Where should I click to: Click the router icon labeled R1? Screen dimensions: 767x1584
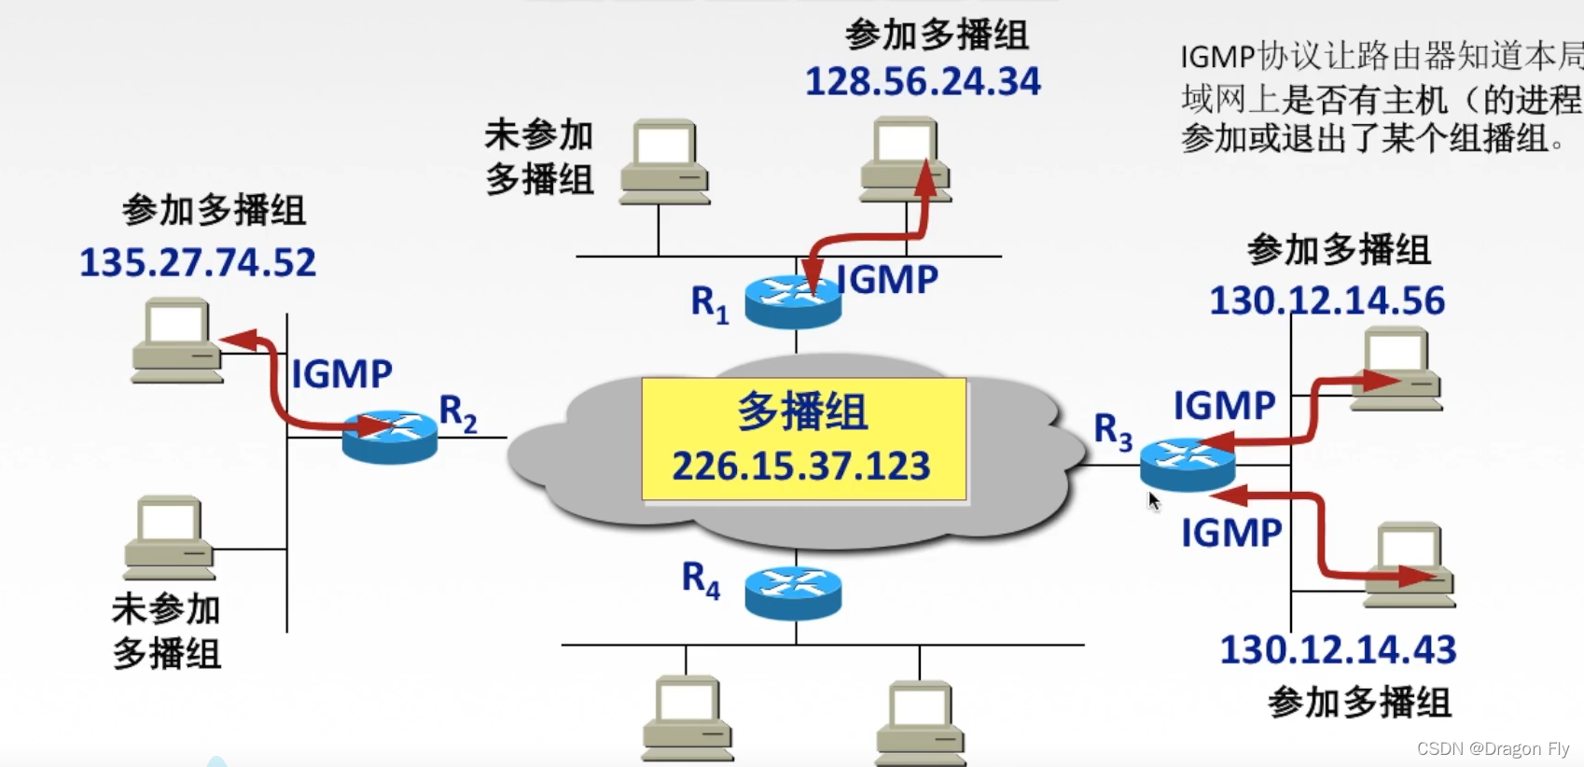(793, 300)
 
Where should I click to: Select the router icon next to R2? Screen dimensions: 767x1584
(389, 437)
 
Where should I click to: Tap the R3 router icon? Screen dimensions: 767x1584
(1187, 464)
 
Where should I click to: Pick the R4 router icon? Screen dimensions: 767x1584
(793, 593)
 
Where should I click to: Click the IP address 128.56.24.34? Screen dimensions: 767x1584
(922, 82)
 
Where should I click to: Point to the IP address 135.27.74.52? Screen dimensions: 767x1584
(197, 263)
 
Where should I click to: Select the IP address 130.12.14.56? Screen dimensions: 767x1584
(1327, 301)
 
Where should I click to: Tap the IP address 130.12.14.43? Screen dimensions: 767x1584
(1338, 650)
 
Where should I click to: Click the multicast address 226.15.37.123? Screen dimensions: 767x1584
(801, 466)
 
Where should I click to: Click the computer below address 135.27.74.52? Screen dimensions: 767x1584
(177, 341)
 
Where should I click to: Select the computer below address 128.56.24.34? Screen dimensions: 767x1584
(905, 159)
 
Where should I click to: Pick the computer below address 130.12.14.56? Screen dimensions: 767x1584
(1396, 369)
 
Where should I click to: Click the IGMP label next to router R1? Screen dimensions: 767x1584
(887, 280)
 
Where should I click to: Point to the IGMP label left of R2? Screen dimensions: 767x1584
(341, 374)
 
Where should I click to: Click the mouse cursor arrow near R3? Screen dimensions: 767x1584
(1154, 501)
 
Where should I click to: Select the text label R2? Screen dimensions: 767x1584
(457, 412)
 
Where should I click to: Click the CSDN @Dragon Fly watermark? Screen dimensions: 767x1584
(1493, 748)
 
